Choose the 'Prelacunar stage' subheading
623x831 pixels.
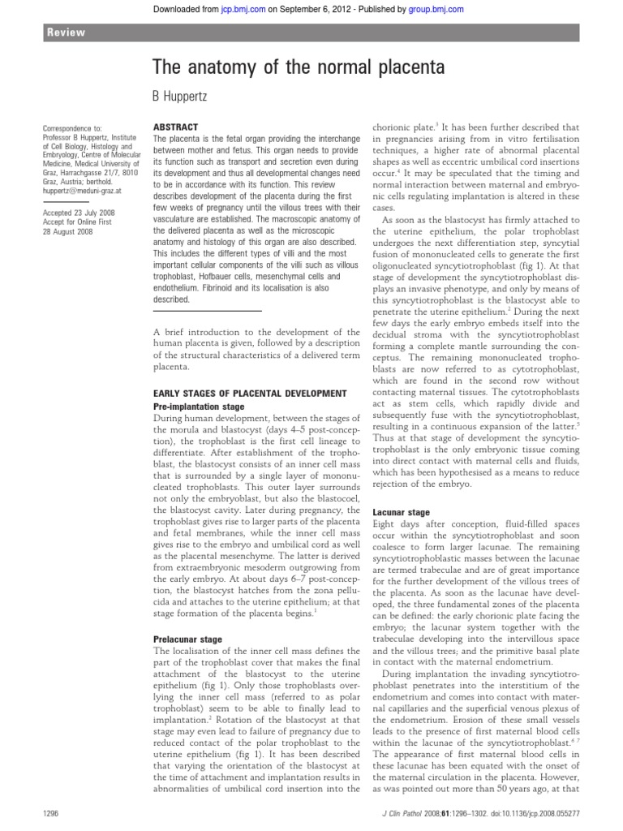pos(186,639)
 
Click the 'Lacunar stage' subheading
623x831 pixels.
pos(401,513)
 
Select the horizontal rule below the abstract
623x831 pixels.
pos(208,311)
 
